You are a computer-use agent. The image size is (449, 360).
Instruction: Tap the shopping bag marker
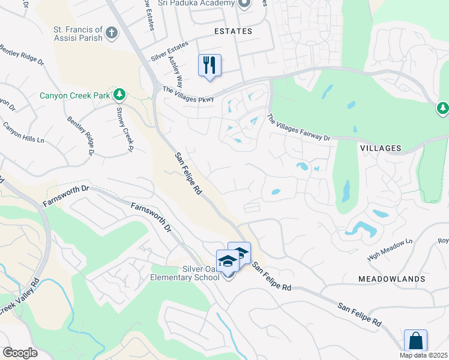click(x=415, y=341)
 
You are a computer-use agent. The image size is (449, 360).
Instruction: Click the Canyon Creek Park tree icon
click(x=119, y=94)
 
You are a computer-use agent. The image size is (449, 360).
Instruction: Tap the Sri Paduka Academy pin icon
click(x=244, y=4)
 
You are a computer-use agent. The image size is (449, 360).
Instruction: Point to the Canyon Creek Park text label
click(x=76, y=95)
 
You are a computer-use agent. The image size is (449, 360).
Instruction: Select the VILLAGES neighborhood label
click(x=380, y=148)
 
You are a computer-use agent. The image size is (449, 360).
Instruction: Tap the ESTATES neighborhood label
click(x=234, y=31)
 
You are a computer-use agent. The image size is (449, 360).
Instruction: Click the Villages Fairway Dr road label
click(x=298, y=129)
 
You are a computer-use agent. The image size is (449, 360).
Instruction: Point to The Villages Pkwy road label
click(x=187, y=94)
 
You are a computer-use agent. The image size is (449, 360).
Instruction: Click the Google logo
click(x=20, y=353)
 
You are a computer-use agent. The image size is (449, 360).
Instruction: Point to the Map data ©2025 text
click(x=423, y=355)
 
